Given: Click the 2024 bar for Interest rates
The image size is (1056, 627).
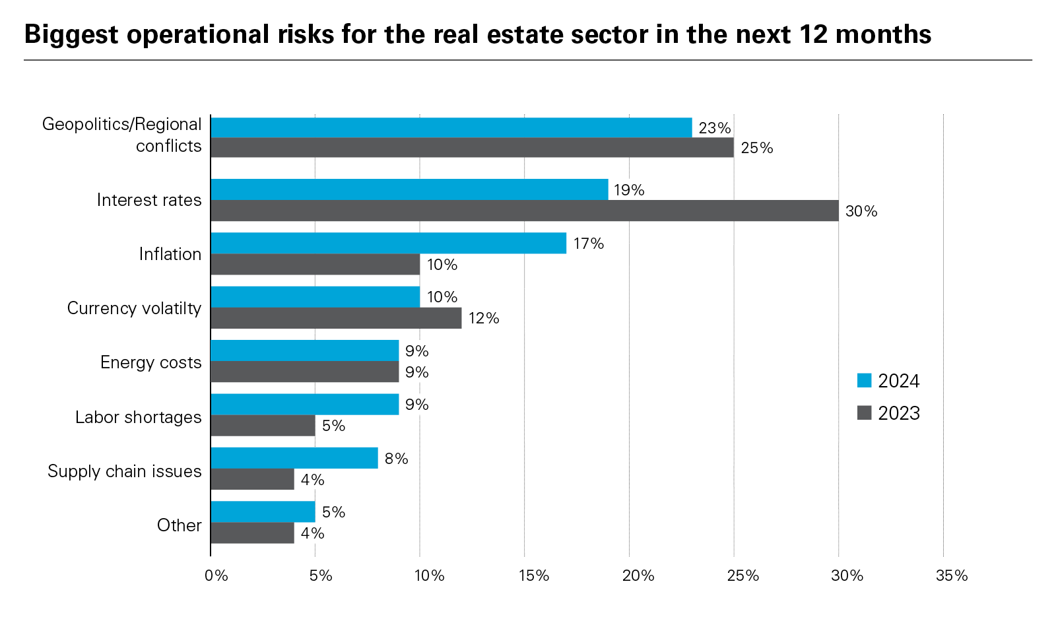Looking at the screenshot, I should [409, 189].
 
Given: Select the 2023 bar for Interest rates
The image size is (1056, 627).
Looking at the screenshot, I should [525, 211].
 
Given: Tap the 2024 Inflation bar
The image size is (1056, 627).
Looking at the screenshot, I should [388, 243].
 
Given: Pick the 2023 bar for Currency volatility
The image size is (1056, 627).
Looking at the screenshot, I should [336, 318].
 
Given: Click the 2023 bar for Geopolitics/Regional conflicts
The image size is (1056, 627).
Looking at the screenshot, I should [472, 147].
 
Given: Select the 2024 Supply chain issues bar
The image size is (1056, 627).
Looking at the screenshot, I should [294, 458].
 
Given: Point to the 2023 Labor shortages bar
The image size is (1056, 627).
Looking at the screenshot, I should [263, 426].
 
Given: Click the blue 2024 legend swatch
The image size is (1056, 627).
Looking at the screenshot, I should [864, 381].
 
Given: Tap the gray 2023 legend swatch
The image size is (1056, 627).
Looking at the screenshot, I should [864, 413].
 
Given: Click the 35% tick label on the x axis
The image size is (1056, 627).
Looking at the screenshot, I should [952, 576].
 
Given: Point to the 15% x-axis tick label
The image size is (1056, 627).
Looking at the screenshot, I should [533, 576].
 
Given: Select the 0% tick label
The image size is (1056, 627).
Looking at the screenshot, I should [216, 576].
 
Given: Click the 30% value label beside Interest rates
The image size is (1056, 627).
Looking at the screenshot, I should [861, 211].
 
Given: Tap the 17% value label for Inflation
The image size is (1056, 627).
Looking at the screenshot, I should [589, 244].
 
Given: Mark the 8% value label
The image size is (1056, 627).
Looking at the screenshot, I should [396, 459].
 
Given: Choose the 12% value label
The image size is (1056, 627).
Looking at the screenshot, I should [484, 319].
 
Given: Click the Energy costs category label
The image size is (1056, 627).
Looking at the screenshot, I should [150, 362].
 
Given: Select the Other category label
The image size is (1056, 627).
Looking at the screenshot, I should [179, 525].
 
